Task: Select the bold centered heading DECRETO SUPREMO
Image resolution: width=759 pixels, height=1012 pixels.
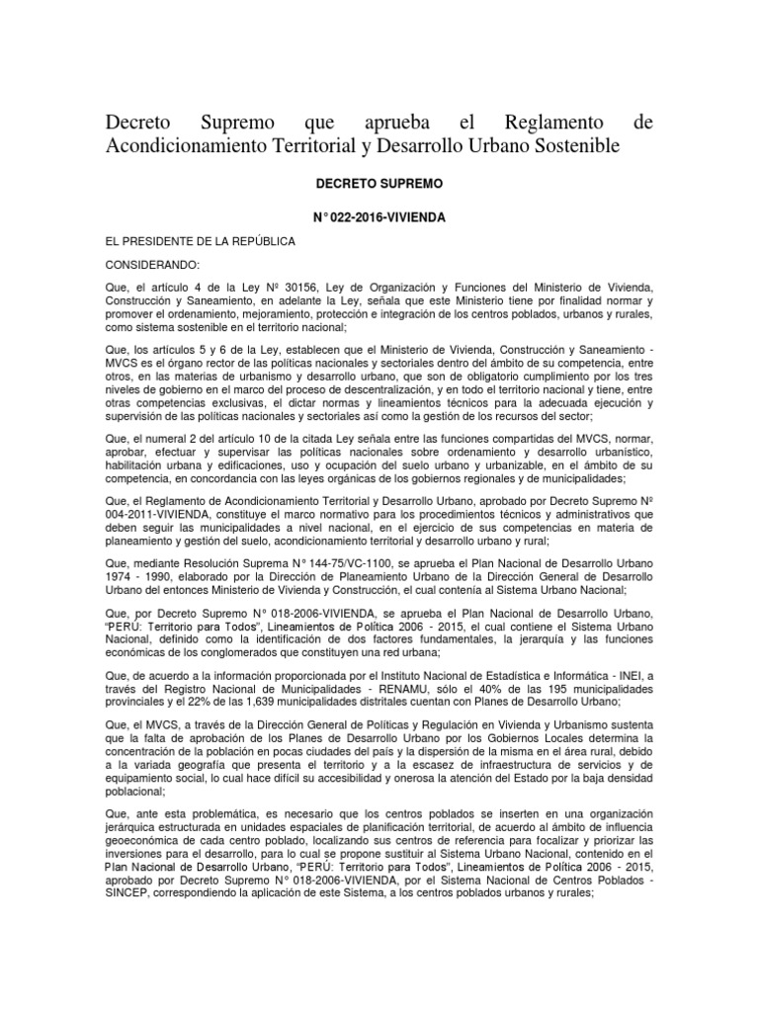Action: [379, 185]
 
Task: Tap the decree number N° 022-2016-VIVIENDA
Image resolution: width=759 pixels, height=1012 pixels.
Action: [379, 215]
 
